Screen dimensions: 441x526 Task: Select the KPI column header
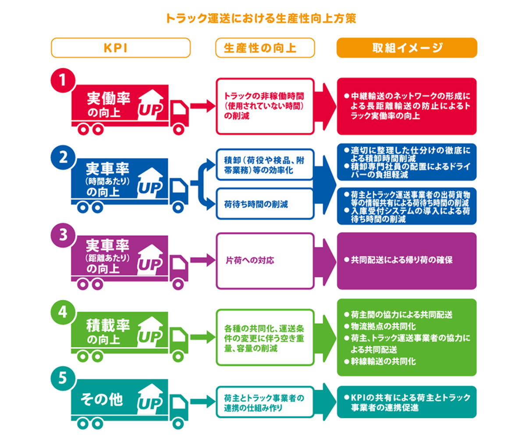click(121, 48)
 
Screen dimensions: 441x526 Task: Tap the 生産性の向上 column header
click(265, 48)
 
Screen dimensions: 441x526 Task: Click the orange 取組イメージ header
click(406, 48)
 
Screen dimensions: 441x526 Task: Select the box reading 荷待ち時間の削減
click(265, 204)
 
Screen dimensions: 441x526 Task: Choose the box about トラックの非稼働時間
click(265, 106)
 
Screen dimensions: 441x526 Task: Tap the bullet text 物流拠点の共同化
click(383, 327)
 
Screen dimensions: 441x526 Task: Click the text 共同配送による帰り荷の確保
click(401, 260)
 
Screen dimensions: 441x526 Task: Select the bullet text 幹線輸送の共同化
click(383, 362)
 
